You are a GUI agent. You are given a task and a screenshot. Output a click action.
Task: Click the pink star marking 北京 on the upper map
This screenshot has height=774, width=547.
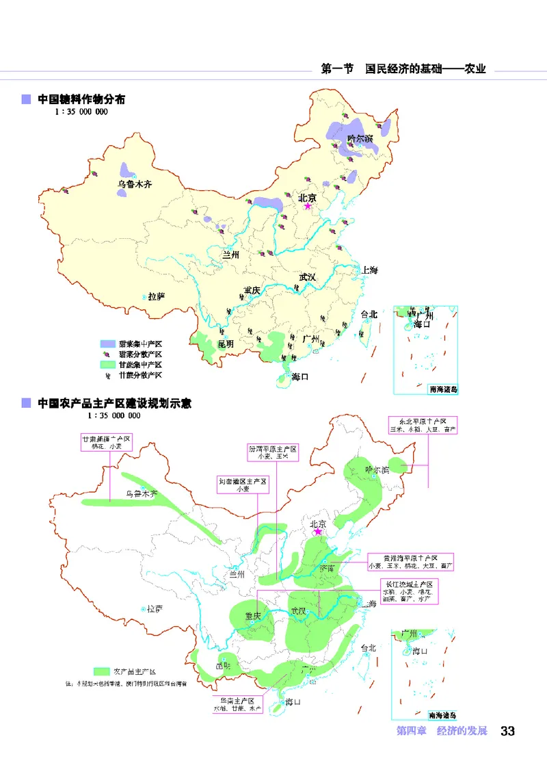point(308,206)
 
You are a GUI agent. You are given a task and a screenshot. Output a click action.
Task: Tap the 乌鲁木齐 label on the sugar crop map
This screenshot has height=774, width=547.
point(133,185)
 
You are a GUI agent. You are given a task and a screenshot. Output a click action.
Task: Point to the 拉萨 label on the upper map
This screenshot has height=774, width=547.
point(157,296)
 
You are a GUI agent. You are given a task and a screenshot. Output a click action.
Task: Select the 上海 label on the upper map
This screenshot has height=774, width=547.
point(370,270)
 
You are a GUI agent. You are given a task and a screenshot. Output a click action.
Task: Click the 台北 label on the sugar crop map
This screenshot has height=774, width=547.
point(369,315)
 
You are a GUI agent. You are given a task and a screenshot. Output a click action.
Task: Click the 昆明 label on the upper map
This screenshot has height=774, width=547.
point(226,344)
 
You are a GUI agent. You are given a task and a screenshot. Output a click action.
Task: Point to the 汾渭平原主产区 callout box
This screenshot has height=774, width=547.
point(273,452)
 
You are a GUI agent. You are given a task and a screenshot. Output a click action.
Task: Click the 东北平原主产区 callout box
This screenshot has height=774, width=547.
point(422,424)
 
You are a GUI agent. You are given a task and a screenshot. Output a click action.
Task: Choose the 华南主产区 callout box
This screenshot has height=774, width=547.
point(237,706)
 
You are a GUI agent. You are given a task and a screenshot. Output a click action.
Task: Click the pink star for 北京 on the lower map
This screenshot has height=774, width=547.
point(317,531)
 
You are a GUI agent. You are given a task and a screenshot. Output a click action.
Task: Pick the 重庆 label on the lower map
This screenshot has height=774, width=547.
point(253,616)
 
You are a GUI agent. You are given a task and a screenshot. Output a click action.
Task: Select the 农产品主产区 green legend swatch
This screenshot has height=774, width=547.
point(102,671)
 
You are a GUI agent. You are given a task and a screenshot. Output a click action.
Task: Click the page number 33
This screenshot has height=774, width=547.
point(507,731)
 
